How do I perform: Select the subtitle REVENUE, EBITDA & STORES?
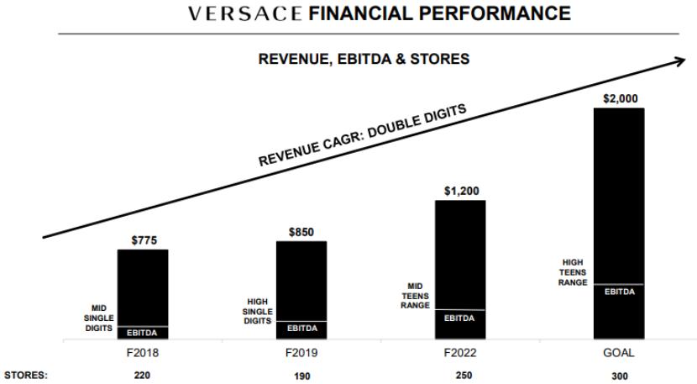pos(364,59)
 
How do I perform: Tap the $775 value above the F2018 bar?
pos(144,240)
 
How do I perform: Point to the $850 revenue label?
pos(301,232)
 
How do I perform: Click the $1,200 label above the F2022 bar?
pos(461,191)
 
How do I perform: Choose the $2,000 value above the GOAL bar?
pos(620,98)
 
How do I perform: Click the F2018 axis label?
pos(143,353)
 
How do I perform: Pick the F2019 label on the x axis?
pos(301,353)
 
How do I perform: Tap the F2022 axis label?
pos(460,353)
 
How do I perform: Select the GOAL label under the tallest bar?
pos(619,353)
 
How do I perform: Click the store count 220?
pos(143,376)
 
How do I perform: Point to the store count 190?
pos(301,376)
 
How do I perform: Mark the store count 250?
pos(460,376)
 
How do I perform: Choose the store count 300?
pos(619,376)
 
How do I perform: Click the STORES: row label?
pos(25,376)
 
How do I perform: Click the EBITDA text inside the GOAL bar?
pos(619,292)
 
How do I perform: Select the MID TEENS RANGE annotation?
pos(416,296)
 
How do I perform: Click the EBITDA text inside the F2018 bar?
pos(143,333)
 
